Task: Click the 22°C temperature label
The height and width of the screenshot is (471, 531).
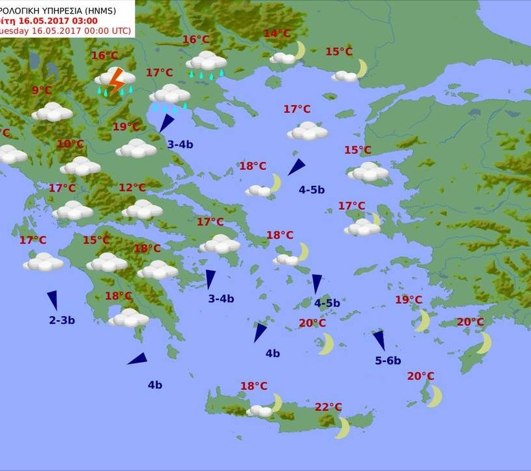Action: (328, 407)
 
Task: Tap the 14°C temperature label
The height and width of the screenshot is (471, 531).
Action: (277, 34)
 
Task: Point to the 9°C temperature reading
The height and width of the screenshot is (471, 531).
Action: (41, 91)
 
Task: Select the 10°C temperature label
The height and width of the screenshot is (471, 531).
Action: (70, 144)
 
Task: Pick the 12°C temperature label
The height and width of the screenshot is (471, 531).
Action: (132, 188)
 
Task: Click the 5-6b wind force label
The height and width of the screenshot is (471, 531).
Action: (388, 360)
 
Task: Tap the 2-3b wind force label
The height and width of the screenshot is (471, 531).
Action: (62, 319)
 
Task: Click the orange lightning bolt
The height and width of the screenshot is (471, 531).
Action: (117, 80)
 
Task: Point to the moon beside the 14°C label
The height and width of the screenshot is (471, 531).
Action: (299, 49)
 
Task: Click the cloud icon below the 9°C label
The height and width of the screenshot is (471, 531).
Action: (52, 112)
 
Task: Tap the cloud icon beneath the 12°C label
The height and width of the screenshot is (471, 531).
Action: (142, 209)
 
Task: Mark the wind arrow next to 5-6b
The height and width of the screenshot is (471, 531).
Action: (379, 340)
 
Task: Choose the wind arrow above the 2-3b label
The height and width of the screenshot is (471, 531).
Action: (52, 299)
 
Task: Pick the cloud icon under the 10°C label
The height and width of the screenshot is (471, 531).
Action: (80, 166)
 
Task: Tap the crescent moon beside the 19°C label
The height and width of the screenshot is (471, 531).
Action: (422, 320)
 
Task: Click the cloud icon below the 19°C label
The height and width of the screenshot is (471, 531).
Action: (136, 148)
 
